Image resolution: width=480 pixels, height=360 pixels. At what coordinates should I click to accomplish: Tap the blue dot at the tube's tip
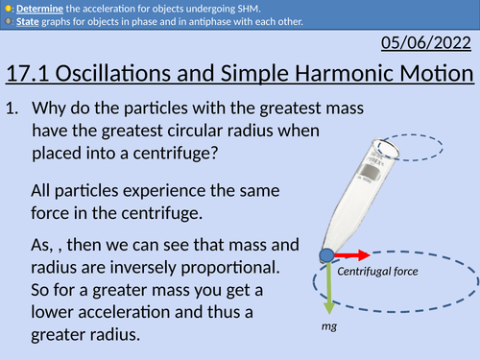click(x=328, y=256)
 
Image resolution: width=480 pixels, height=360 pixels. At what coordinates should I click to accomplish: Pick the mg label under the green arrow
click(x=329, y=326)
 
